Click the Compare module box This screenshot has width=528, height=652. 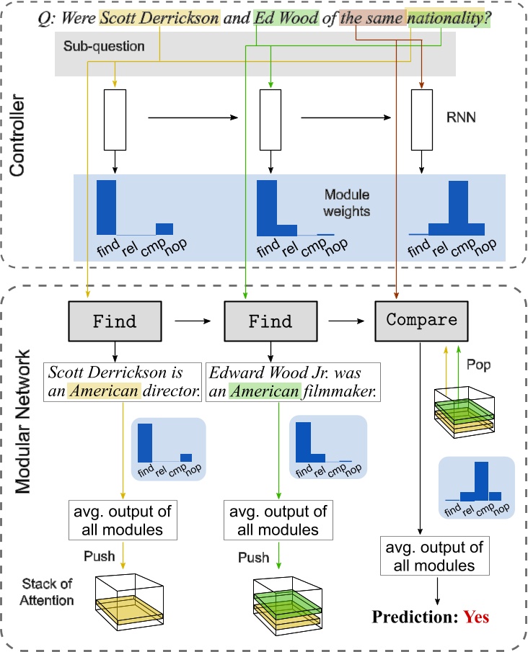[422, 320]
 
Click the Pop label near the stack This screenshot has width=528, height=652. [478, 365]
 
